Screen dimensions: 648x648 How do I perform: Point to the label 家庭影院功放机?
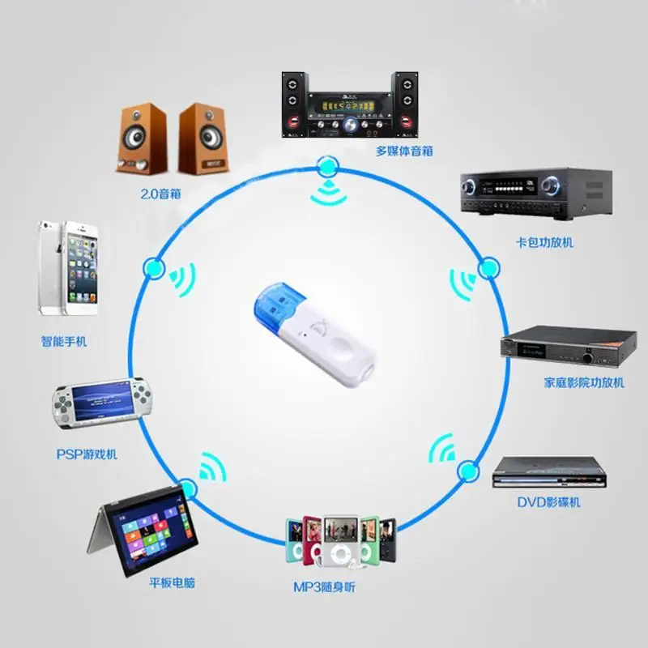(573, 382)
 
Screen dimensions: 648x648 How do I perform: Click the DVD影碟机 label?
(548, 502)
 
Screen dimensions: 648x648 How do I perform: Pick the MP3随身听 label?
(324, 586)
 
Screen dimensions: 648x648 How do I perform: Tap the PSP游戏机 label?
(87, 454)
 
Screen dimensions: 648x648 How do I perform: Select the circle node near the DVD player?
(467, 470)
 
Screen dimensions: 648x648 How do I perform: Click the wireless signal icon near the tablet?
(212, 467)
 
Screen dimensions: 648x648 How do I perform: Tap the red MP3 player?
(310, 537)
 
